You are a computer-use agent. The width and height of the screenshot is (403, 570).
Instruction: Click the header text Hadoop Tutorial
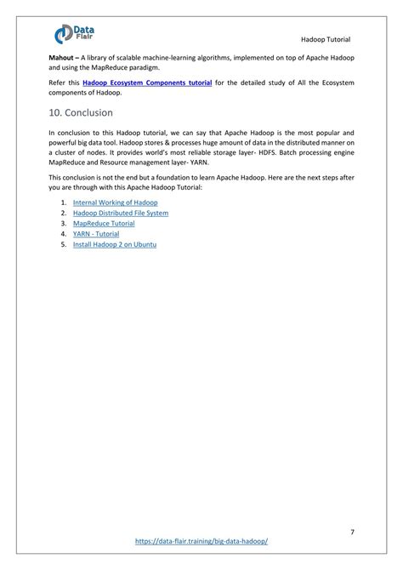click(326, 40)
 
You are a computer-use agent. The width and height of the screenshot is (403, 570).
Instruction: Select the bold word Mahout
click(63, 55)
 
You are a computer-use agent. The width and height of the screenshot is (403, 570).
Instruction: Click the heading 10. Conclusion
click(81, 112)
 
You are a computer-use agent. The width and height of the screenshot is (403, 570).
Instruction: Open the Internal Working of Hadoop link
click(115, 202)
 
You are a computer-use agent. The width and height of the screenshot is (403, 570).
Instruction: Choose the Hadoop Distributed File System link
click(120, 213)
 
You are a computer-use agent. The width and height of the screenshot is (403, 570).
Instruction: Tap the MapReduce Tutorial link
click(104, 223)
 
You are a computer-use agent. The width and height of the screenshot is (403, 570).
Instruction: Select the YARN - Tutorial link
click(96, 233)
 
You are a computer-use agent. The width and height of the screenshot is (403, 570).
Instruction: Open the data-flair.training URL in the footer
click(201, 540)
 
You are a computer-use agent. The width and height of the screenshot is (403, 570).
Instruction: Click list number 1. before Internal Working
click(64, 202)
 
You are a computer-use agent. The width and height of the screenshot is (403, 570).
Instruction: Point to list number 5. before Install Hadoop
click(64, 244)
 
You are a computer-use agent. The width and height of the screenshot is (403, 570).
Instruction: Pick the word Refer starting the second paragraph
click(58, 83)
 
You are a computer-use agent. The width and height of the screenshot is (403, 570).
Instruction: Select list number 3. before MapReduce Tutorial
click(64, 223)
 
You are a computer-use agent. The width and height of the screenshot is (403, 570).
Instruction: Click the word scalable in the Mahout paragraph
click(130, 55)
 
